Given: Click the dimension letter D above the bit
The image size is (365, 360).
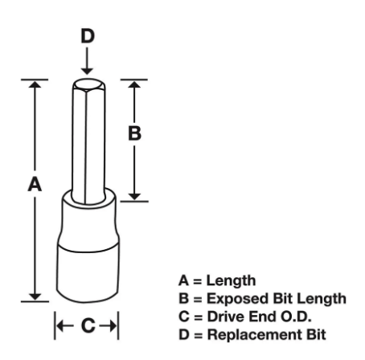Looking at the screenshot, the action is [x=88, y=36].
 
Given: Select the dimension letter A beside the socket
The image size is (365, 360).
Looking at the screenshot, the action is [x=35, y=184].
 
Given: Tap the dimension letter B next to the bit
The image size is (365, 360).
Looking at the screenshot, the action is [x=134, y=133].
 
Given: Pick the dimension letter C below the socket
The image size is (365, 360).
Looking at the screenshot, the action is [x=88, y=325].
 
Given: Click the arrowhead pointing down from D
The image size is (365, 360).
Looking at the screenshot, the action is [x=87, y=71].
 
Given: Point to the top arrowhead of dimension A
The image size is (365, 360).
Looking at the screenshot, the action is [x=35, y=84].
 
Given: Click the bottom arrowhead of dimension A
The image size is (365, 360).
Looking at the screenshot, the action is [x=35, y=297].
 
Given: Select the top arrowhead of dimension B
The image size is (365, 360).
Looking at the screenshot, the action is [x=134, y=84].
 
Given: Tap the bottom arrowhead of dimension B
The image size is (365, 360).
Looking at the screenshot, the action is [x=134, y=196].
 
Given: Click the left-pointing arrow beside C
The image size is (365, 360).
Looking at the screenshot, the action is [x=65, y=325].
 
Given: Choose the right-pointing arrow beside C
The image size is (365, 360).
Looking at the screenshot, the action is [x=108, y=325].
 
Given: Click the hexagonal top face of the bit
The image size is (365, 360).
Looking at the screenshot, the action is [x=88, y=84].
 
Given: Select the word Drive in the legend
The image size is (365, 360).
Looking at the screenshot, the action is [x=226, y=317].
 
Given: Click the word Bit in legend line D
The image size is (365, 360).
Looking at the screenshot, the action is [x=316, y=334].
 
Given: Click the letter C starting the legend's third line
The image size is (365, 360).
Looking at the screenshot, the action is [x=184, y=317].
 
